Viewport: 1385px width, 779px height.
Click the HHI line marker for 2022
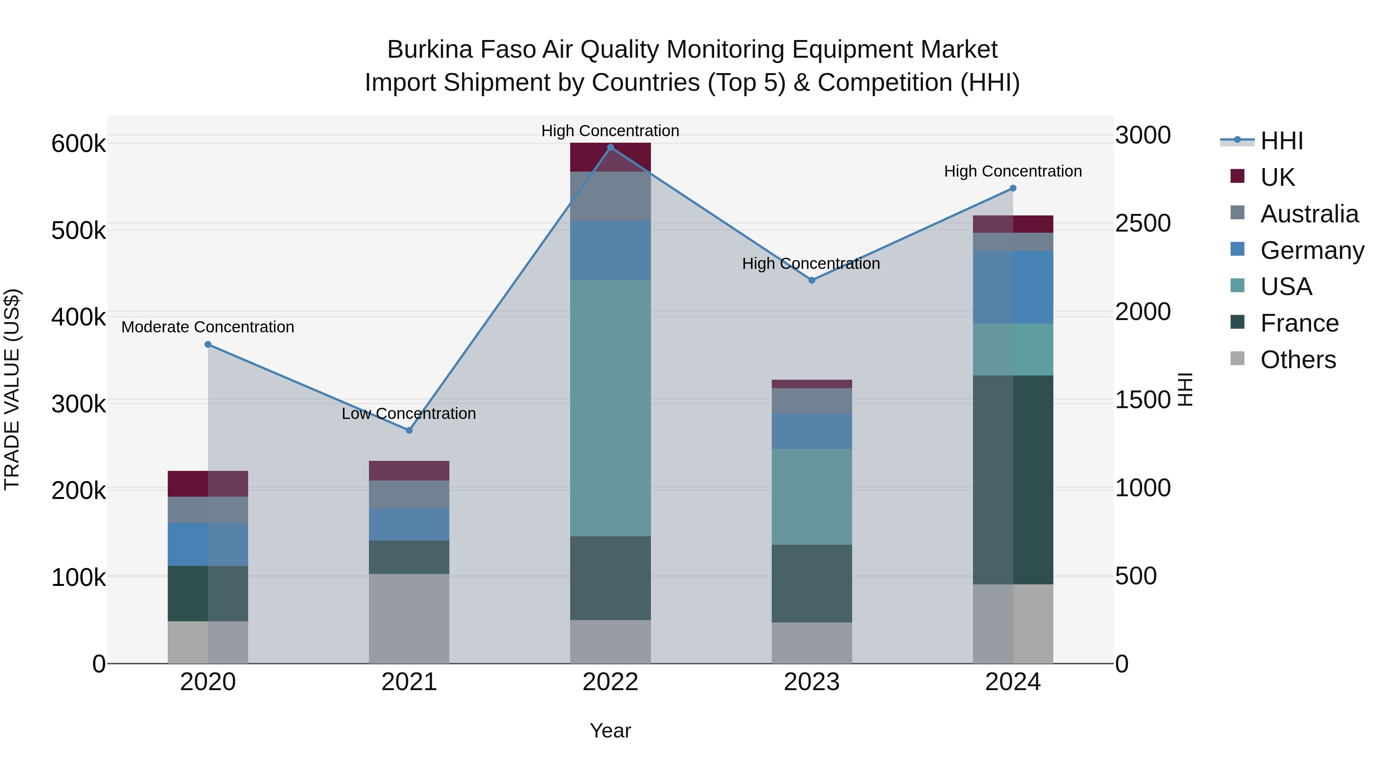tap(610, 147)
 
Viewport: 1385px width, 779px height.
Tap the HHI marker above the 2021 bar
tap(409, 430)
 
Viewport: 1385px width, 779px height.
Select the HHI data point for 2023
tap(812, 280)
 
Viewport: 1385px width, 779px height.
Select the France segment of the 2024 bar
tap(1013, 480)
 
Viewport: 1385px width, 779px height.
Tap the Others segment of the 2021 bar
tap(409, 618)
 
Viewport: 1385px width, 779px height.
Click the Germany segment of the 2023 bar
tap(812, 431)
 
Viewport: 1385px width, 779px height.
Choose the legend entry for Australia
tap(1309, 214)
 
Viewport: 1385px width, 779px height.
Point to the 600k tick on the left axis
tap(78, 144)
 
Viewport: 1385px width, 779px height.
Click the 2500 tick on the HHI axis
tap(1143, 223)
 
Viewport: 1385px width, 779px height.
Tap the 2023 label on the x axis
tap(812, 682)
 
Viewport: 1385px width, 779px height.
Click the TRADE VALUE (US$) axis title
tap(12, 389)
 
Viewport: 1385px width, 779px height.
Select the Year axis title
tap(610, 731)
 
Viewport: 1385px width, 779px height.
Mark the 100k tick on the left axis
tap(78, 577)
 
